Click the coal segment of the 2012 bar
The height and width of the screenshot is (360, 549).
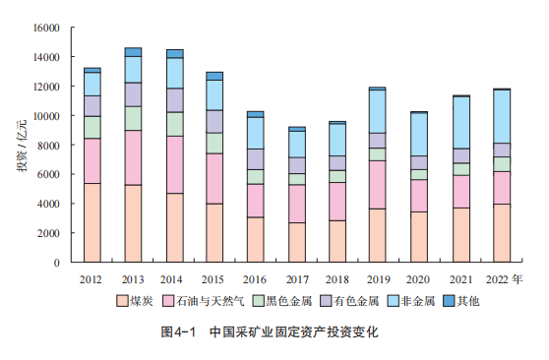tap(92, 223)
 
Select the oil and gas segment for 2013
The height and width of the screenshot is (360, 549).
tap(133, 157)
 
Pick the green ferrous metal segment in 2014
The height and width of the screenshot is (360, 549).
tap(174, 124)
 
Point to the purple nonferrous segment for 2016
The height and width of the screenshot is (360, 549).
tap(255, 158)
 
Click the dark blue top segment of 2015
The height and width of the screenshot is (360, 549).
tap(214, 76)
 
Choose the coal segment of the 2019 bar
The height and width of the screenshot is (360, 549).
tap(377, 236)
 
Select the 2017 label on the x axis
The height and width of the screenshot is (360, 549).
tap(296, 278)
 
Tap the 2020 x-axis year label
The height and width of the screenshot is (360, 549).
tap(418, 278)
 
